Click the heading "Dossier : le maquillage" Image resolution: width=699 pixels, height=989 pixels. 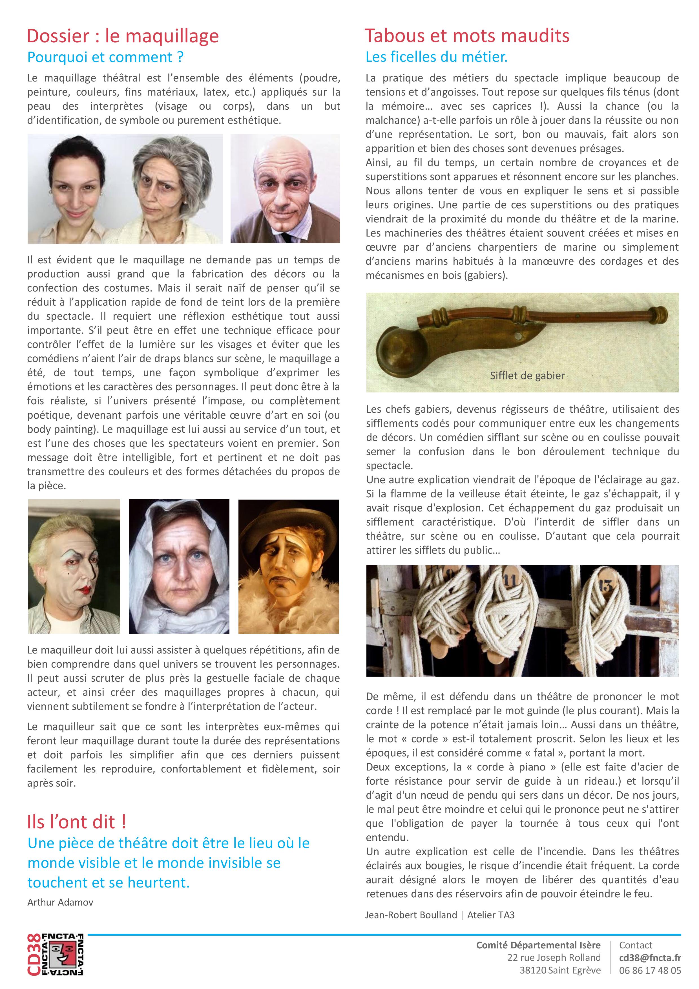point(123,36)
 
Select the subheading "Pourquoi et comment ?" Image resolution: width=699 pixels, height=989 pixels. point(105,57)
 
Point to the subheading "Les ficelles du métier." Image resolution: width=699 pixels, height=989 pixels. point(436,57)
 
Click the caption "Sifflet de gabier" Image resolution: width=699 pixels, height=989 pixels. point(527,376)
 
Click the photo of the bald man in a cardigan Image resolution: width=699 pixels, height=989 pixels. point(285,189)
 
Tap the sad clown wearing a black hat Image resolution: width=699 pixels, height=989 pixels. point(289,566)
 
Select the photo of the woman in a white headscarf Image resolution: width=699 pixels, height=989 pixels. point(179,566)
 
